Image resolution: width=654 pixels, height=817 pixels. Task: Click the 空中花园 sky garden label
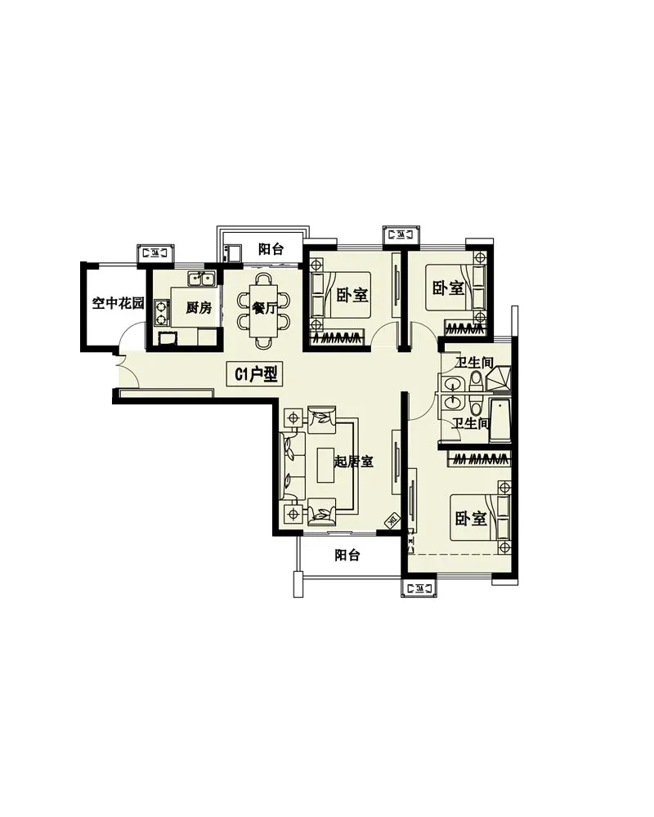pos(118,303)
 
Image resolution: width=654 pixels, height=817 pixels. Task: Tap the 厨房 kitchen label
pos(199,307)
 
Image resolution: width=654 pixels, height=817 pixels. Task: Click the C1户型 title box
pos(255,373)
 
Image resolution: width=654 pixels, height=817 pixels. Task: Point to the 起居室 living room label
pos(354,462)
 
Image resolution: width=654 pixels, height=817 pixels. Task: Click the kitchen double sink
pos(201,279)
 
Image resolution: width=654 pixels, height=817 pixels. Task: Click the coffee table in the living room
pos(325,465)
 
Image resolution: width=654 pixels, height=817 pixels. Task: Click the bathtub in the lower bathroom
pos(500,421)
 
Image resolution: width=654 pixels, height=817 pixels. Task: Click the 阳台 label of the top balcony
pos(271,249)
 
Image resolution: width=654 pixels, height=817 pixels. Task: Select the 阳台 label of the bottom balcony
pos(347,556)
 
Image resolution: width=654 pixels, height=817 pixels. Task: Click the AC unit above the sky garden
pos(155,253)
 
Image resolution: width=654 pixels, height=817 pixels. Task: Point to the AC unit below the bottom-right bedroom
pos(419,588)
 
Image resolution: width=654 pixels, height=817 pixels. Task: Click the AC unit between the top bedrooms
pos(401,234)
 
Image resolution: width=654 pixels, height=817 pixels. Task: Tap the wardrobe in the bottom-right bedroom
pos(479,459)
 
